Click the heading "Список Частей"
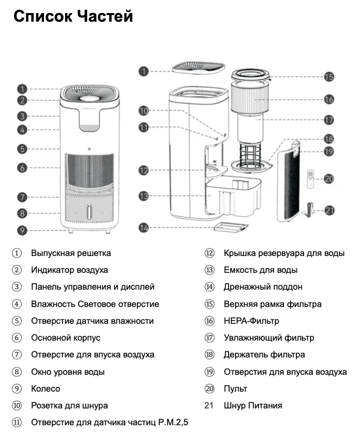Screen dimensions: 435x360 tap(73, 17)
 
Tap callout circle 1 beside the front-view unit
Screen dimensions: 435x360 tap(22, 88)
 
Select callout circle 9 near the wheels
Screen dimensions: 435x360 tap(22, 230)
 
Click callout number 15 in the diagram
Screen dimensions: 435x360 tap(329, 77)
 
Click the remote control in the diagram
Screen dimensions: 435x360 tap(311, 178)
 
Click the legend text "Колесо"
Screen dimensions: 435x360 tap(46, 389)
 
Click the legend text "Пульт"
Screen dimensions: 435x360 tap(235, 389)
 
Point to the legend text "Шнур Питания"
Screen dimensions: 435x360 tap(252, 406)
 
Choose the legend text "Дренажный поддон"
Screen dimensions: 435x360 tap(263, 287)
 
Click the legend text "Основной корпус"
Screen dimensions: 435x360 tap(66, 338)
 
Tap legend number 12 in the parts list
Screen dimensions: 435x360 tap(210, 253)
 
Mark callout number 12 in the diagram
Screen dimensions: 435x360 tap(143, 170)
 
